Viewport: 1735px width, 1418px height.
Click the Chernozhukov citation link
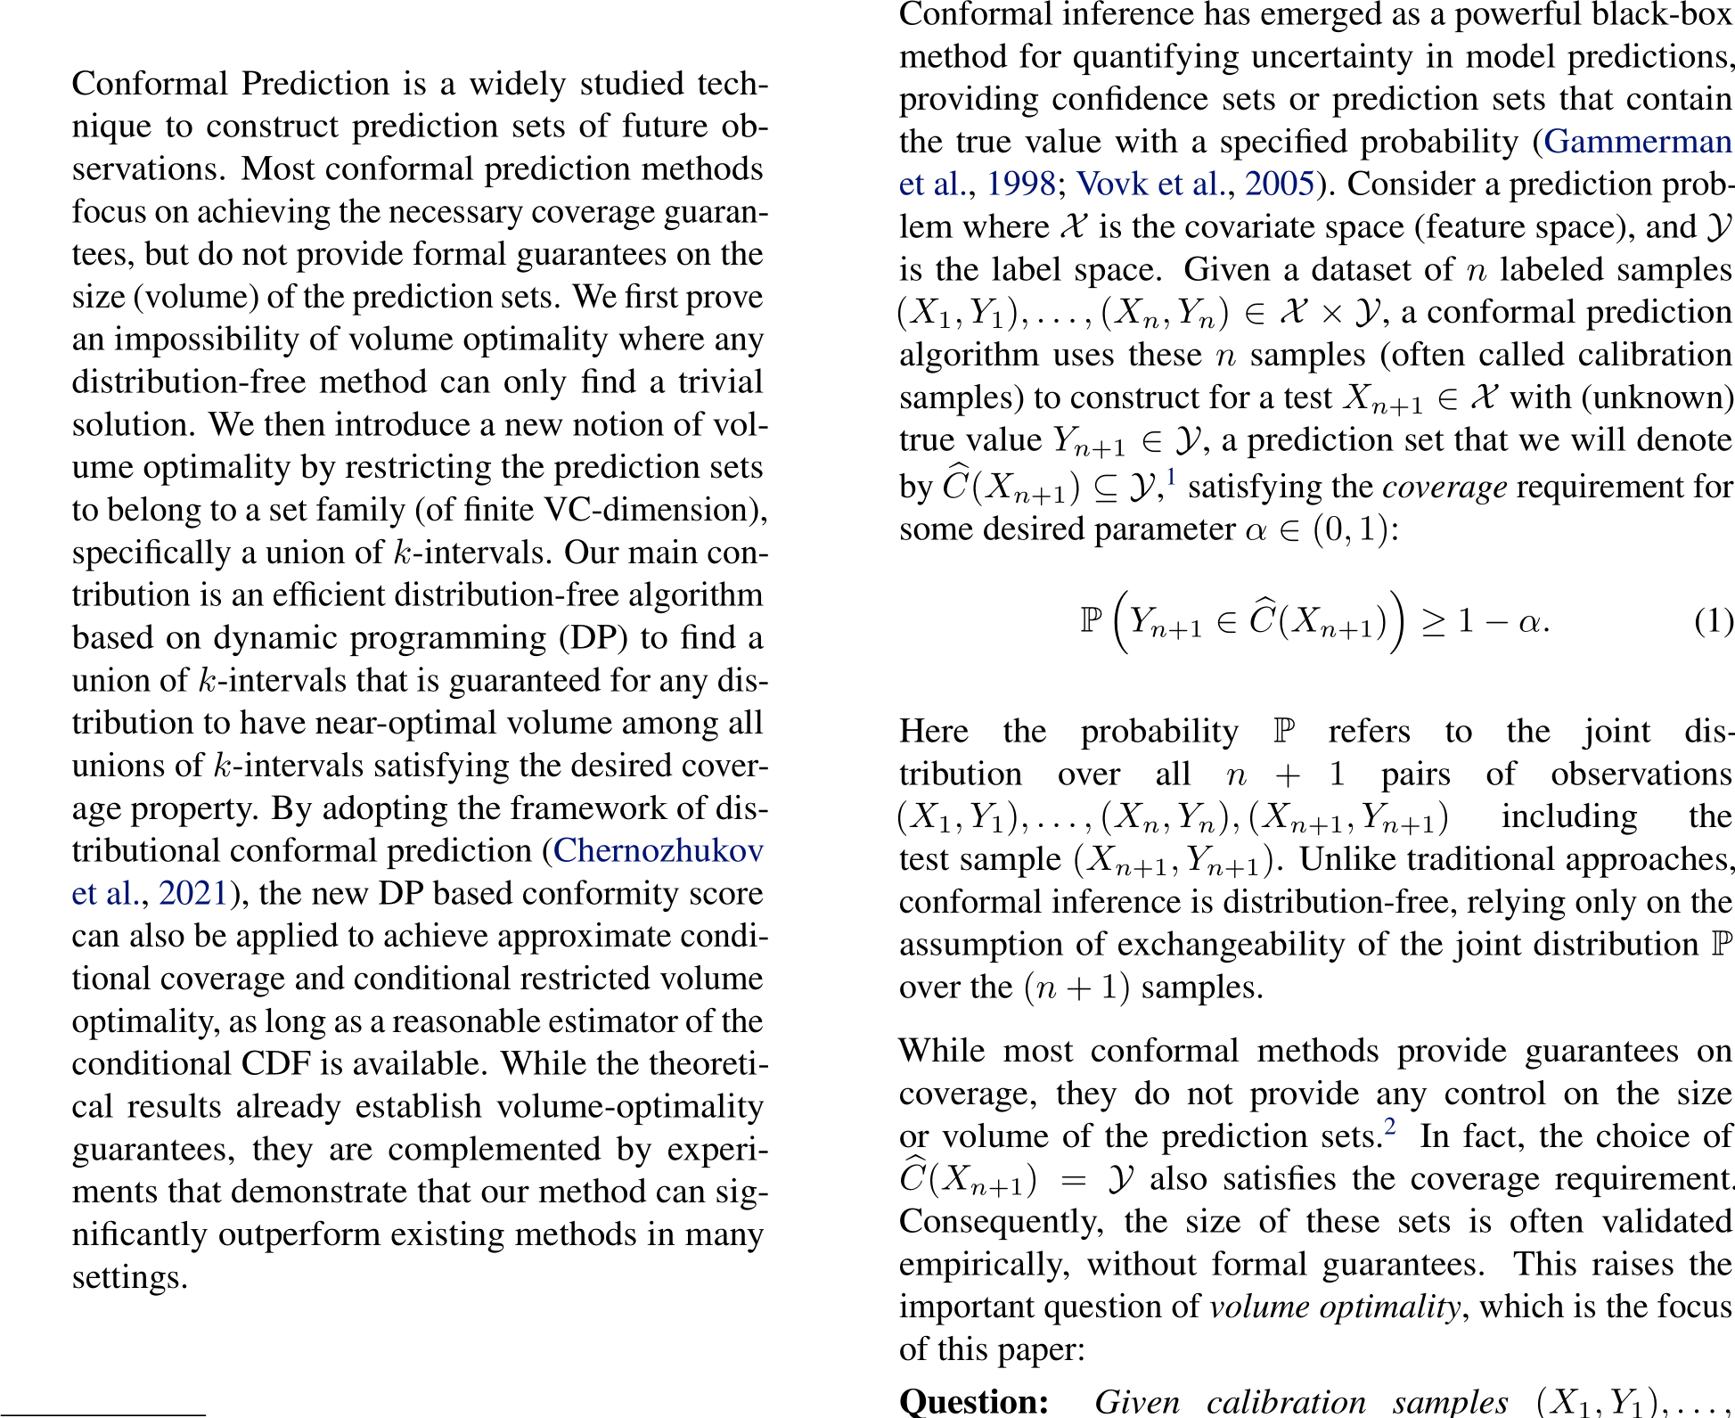(x=658, y=851)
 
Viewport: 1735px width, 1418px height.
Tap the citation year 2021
(x=193, y=894)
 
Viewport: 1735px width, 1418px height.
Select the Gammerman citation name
(x=1637, y=142)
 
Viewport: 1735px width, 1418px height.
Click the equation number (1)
(x=1713, y=621)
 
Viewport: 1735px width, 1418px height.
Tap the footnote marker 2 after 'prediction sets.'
(x=1389, y=1128)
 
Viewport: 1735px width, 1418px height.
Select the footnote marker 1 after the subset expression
(x=1171, y=479)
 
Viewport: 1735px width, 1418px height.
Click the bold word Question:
(x=974, y=1402)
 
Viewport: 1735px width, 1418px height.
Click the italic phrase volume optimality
(x=1334, y=1307)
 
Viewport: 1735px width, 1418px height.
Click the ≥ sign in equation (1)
(x=1433, y=621)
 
